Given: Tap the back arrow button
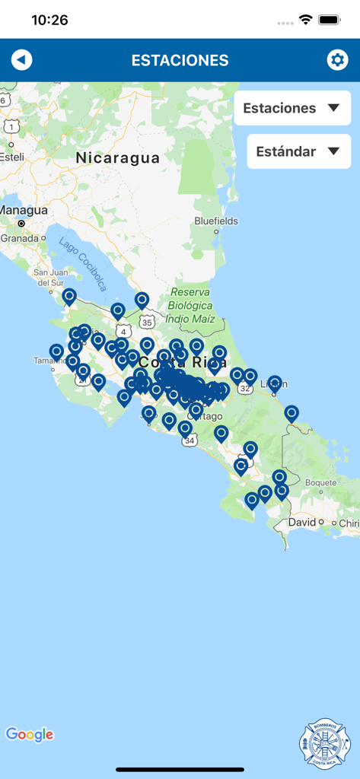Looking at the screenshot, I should [x=22, y=60].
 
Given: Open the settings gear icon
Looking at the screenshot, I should [x=337, y=60].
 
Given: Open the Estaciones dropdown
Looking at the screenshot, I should [x=292, y=108].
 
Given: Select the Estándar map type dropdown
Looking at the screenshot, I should [x=298, y=151].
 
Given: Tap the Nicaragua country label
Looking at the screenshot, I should [x=118, y=158].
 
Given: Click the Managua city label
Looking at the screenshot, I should [x=24, y=210].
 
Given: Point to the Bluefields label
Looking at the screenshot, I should [x=216, y=221].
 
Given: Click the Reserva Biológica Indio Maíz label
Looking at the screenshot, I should [x=190, y=305].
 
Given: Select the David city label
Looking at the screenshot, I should [x=302, y=523].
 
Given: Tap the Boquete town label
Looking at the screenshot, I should [x=320, y=482].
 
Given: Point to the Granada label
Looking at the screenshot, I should [x=18, y=237].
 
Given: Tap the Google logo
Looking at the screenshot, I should [x=30, y=734].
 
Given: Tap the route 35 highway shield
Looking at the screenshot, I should [x=148, y=322].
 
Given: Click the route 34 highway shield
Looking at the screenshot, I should [x=190, y=440].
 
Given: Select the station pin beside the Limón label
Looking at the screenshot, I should [x=275, y=383].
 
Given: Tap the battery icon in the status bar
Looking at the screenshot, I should [x=330, y=20].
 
